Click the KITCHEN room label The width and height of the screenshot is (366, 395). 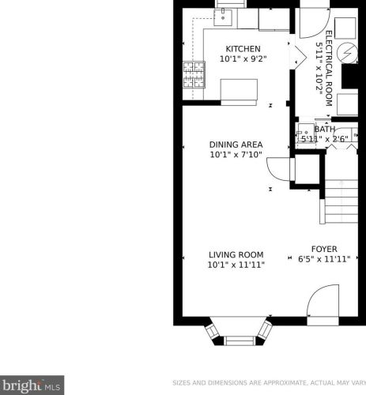tap(243, 49)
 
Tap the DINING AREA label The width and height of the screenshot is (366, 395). tap(236, 145)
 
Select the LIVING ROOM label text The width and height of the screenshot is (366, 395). tap(236, 254)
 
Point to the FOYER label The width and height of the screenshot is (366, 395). tap(324, 249)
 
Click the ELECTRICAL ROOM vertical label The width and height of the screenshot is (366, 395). tap(329, 69)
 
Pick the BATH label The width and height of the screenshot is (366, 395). tap(325, 130)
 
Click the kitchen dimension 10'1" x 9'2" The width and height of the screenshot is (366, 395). tap(243, 58)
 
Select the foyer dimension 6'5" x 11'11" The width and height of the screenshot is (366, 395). tap(324, 259)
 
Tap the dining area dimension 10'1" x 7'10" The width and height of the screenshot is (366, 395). tap(236, 154)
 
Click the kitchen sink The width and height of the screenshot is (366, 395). tap(223, 17)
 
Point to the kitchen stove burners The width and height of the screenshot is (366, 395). tap(194, 74)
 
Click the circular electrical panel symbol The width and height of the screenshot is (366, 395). tap(348, 53)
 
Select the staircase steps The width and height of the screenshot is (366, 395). tap(341, 201)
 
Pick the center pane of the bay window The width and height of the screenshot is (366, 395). tap(240, 340)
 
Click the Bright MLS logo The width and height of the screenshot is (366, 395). tap(32, 385)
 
